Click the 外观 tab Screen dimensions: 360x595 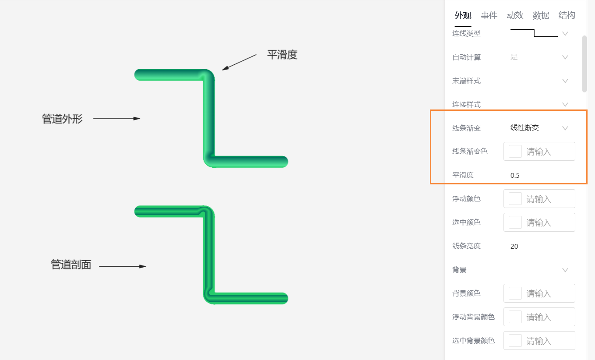pyautogui.click(x=463, y=16)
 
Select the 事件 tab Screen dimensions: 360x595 pyautogui.click(x=489, y=16)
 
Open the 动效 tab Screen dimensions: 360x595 pyautogui.click(x=515, y=15)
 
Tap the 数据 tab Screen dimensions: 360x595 pyautogui.click(x=541, y=16)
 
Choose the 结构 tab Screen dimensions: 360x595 pyautogui.click(x=567, y=15)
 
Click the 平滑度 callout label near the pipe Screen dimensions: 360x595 pyautogui.click(x=282, y=55)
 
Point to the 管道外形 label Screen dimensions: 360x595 pyautogui.click(x=62, y=119)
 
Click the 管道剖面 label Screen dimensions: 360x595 pyautogui.click(x=71, y=265)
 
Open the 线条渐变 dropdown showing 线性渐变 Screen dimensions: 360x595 pyautogui.click(x=539, y=128)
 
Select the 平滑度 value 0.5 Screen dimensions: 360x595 pyautogui.click(x=515, y=175)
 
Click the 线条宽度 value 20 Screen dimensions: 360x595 pyautogui.click(x=514, y=246)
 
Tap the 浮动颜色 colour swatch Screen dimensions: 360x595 pyautogui.click(x=515, y=199)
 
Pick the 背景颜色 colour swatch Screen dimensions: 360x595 pyautogui.click(x=515, y=293)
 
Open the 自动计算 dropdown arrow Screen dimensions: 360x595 pyautogui.click(x=565, y=57)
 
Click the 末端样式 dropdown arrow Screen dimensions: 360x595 pyautogui.click(x=565, y=81)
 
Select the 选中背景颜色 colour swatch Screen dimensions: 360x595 pyautogui.click(x=515, y=341)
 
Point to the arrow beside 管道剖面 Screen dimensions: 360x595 pyautogui.click(x=123, y=266)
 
